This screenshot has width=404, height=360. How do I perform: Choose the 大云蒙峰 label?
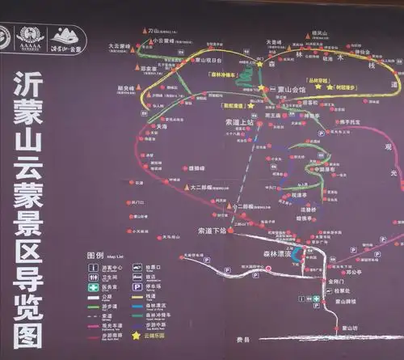click(x=119, y=46)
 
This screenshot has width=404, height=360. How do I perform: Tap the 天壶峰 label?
click(x=274, y=41)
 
